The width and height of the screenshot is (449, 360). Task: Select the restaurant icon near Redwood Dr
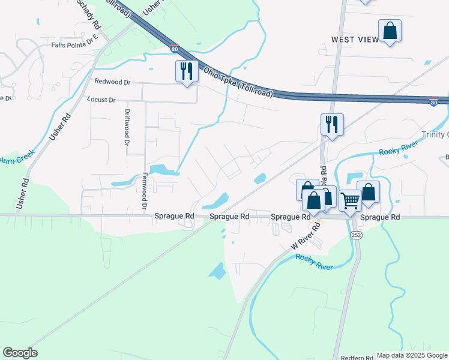187,71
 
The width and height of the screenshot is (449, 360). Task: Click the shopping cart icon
350,200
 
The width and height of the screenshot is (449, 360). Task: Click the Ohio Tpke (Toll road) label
238,83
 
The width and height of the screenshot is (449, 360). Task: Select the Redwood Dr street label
112,81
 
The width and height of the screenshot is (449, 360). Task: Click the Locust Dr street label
101,100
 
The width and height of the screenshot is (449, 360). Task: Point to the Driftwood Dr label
127,128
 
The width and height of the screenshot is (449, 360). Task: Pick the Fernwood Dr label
145,191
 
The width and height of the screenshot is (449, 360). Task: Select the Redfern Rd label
357,358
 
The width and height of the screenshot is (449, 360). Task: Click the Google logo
20,353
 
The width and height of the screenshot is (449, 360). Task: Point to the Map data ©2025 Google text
412,355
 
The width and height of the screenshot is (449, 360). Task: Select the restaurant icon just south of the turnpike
332,125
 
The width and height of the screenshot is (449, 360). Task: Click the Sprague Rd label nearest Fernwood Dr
174,216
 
